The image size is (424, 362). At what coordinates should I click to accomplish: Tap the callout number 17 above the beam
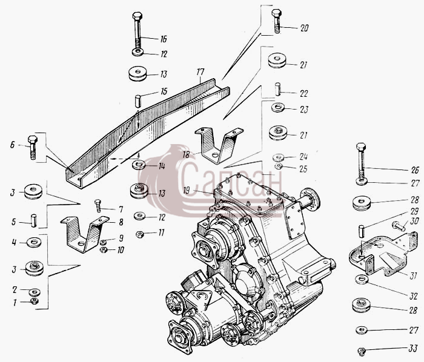[x=200, y=72]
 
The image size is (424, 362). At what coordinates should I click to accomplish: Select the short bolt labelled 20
[x=277, y=21]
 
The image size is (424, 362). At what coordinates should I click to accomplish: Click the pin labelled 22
[x=277, y=89]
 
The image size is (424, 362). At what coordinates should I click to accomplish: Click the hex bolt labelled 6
[x=33, y=147]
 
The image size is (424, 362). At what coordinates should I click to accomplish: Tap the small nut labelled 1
[x=34, y=301]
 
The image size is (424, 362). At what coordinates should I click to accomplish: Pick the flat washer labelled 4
[x=34, y=242]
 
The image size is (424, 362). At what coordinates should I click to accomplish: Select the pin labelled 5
[x=34, y=220]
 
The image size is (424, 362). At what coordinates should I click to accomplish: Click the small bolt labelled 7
[x=98, y=206]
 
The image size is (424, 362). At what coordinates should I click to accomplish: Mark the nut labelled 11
[x=139, y=234]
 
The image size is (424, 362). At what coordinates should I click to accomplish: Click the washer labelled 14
[x=139, y=164]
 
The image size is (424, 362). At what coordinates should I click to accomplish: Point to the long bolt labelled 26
[x=361, y=163]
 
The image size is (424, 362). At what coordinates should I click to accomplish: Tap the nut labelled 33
[x=361, y=350]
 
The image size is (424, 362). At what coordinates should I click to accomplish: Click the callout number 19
[x=187, y=191]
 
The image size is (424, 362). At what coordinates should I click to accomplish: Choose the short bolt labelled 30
[x=399, y=226]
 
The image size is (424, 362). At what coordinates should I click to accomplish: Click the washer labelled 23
[x=277, y=107]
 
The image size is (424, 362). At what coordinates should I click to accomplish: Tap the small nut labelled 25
[x=278, y=166]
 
